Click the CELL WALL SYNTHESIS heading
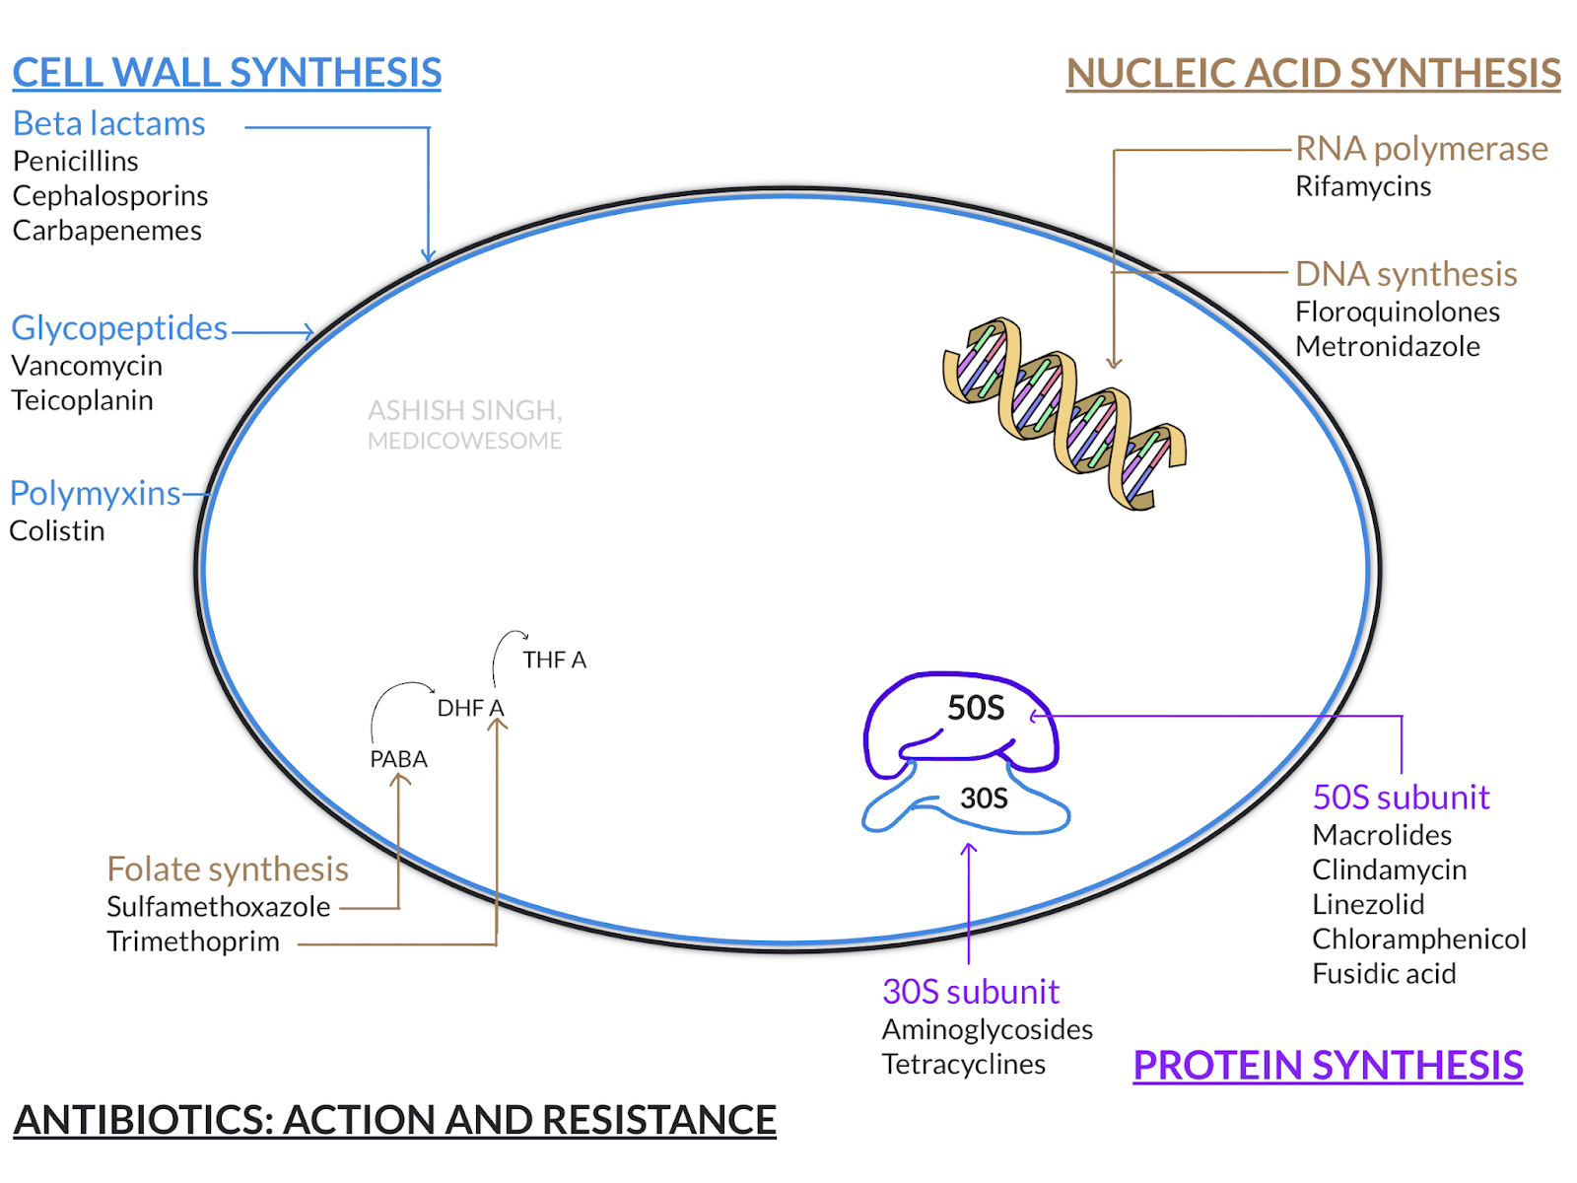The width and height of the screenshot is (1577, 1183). [227, 73]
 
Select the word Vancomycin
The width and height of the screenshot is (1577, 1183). [87, 366]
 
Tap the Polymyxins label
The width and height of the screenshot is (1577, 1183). [95, 493]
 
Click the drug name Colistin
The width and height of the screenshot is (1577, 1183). [57, 530]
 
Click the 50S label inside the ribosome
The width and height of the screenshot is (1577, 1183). [975, 708]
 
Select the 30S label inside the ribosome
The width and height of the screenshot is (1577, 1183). [984, 798]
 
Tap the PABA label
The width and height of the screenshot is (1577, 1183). [398, 759]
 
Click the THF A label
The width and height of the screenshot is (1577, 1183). [554, 660]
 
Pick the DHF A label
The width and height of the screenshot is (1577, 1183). [470, 708]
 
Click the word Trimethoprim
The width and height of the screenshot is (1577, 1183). [193, 941]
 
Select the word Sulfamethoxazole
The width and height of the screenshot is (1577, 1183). [218, 906]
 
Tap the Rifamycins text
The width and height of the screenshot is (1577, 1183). [1362, 186]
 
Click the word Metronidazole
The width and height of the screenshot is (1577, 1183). [1387, 346]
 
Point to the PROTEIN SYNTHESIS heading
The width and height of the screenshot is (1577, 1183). [1327, 1065]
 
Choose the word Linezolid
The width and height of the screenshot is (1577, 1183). [1367, 904]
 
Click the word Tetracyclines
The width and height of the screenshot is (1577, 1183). [963, 1065]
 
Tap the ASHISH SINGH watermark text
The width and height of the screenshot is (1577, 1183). [464, 410]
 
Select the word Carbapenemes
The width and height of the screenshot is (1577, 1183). [106, 231]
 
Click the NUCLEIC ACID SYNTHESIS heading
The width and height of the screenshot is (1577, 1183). [1313, 73]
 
